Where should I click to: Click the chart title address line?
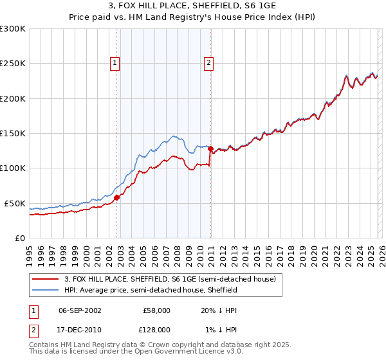(192, 6)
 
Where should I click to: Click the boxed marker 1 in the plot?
(115, 63)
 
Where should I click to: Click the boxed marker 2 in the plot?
(210, 63)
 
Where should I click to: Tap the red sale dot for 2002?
(116, 198)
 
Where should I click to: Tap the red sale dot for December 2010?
(210, 149)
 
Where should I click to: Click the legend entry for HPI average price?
(151, 290)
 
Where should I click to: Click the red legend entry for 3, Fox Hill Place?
(170, 279)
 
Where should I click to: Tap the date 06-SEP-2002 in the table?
(80, 310)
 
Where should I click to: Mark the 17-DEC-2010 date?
(80, 329)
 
